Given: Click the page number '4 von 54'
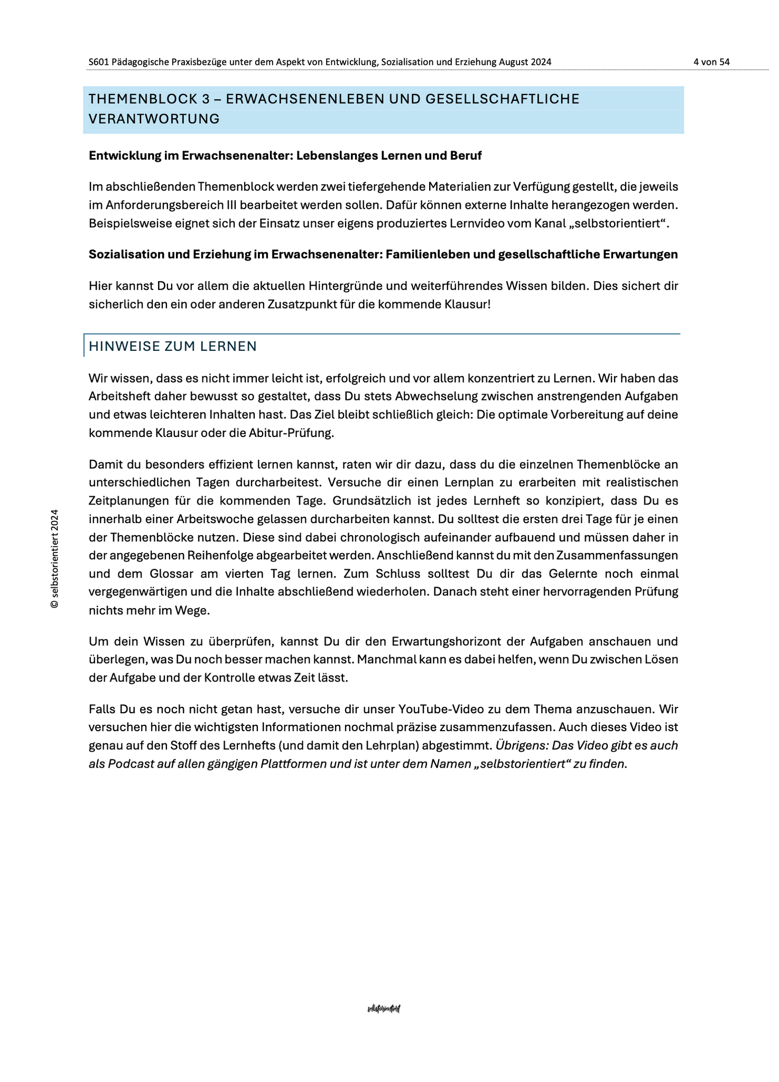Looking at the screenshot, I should tap(711, 62).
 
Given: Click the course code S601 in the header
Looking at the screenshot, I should tap(99, 62).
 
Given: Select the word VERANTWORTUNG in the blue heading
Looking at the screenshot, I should tap(154, 119).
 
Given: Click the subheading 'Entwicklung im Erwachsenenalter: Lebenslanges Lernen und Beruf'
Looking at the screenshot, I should tap(285, 155).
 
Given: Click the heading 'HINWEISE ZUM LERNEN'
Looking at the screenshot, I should tap(172, 346).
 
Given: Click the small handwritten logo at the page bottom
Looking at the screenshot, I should tap(384, 1009).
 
